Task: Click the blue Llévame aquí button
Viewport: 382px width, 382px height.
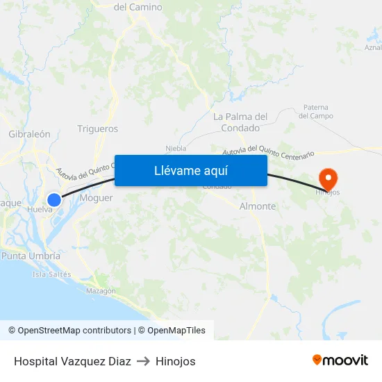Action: tap(191, 171)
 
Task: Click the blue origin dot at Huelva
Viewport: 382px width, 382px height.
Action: tap(54, 199)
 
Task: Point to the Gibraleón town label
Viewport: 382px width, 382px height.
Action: tap(29, 134)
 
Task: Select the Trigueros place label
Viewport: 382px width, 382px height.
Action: tap(97, 128)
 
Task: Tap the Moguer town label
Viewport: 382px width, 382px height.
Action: tap(96, 198)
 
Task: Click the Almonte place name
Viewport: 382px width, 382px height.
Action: tap(257, 206)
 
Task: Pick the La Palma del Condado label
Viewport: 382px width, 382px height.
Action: tap(240, 122)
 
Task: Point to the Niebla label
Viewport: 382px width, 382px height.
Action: tap(176, 148)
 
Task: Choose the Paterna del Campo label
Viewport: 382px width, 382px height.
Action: tap(317, 111)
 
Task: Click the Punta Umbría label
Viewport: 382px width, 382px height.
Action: tap(31, 256)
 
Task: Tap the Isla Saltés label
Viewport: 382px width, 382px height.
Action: tap(51, 274)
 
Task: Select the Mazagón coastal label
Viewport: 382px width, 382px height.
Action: tap(101, 291)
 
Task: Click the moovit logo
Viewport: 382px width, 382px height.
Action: tap(340, 360)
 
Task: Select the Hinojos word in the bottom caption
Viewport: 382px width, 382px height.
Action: tap(175, 361)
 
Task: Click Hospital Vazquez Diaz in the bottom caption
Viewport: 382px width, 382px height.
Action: tap(72, 361)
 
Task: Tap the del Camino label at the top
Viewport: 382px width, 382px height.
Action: tap(138, 7)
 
